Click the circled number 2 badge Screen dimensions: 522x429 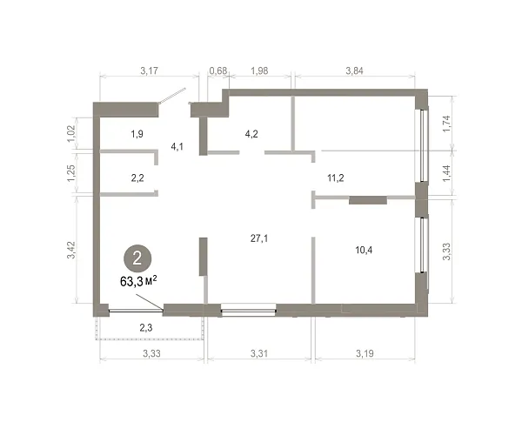pyautogui.click(x=137, y=258)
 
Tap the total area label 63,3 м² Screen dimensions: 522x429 pyautogui.click(x=138, y=282)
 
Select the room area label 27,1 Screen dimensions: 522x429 pyautogui.click(x=259, y=238)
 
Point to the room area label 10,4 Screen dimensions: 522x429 pyautogui.click(x=364, y=250)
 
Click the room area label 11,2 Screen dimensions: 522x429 pyautogui.click(x=336, y=178)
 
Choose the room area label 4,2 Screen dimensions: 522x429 pyautogui.click(x=251, y=134)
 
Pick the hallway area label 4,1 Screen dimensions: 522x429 pyautogui.click(x=177, y=146)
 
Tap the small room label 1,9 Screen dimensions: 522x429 pyautogui.click(x=137, y=134)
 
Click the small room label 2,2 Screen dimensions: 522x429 pyautogui.click(x=137, y=178)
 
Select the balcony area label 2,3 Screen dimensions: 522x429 pyautogui.click(x=146, y=328)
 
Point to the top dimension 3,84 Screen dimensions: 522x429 pyautogui.click(x=355, y=70)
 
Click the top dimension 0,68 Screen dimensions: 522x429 pyautogui.click(x=218, y=70)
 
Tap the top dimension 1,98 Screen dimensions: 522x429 pyautogui.click(x=259, y=70)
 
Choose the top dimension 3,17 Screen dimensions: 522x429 pyautogui.click(x=149, y=70)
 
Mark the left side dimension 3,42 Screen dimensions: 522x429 pyautogui.click(x=71, y=250)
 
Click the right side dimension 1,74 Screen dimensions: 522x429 pyautogui.click(x=446, y=124)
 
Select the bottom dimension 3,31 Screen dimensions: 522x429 pyautogui.click(x=259, y=353)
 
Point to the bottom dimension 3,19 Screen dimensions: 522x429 pyautogui.click(x=365, y=353)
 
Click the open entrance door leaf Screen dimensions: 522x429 pyautogui.click(x=171, y=96)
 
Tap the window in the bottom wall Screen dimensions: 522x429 pyautogui.click(x=249, y=310)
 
